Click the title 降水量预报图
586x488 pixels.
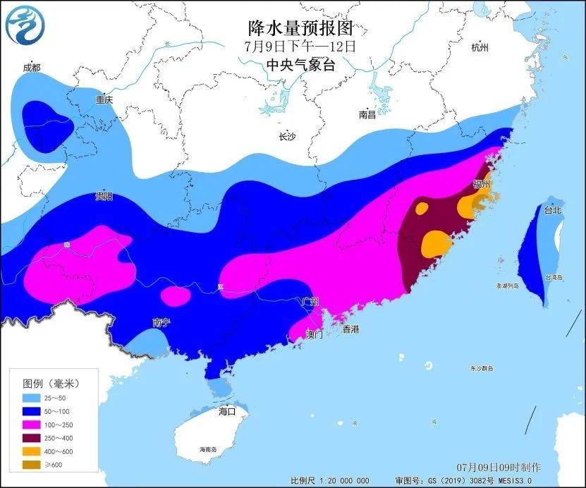pyautogui.click(x=300, y=28)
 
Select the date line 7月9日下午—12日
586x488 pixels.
pyautogui.click(x=300, y=47)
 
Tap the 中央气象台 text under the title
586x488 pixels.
pyautogui.click(x=300, y=65)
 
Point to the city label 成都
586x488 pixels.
pyautogui.click(x=32, y=68)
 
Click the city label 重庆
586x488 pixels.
pyautogui.click(x=104, y=100)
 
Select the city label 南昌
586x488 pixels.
pyautogui.click(x=367, y=114)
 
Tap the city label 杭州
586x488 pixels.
pyautogui.click(x=480, y=47)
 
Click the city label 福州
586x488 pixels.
pyautogui.click(x=482, y=183)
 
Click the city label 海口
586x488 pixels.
pyautogui.click(x=226, y=411)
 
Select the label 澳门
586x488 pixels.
pyautogui.click(x=315, y=334)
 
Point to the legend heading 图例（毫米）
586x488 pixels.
pyautogui.click(x=51, y=383)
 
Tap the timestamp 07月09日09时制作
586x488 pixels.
pyautogui.click(x=499, y=468)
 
